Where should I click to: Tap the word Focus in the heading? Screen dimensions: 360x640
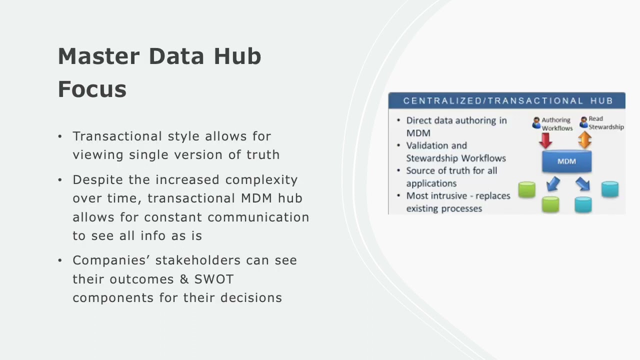pyautogui.click(x=92, y=89)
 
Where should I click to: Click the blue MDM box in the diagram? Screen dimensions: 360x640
pyautogui.click(x=566, y=161)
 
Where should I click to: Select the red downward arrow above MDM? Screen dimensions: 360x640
pyautogui.click(x=545, y=140)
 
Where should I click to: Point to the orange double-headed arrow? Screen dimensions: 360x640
pyautogui.click(x=584, y=140)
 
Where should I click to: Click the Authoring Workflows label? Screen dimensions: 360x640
pyautogui.click(x=556, y=124)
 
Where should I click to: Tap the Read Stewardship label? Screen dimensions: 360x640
pyautogui.click(x=605, y=123)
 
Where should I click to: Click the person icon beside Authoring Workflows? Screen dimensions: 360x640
pyautogui.click(x=536, y=122)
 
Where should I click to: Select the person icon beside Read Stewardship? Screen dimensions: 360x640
pyautogui.click(x=583, y=122)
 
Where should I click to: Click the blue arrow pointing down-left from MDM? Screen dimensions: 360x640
pyautogui.click(x=553, y=184)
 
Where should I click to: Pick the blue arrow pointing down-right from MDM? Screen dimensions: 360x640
pyautogui.click(x=582, y=184)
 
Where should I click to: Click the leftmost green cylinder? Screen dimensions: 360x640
pyautogui.click(x=526, y=189)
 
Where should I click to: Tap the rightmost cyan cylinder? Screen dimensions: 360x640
pyautogui.click(x=609, y=189)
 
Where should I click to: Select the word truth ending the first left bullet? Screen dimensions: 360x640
pyautogui.click(x=262, y=155)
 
